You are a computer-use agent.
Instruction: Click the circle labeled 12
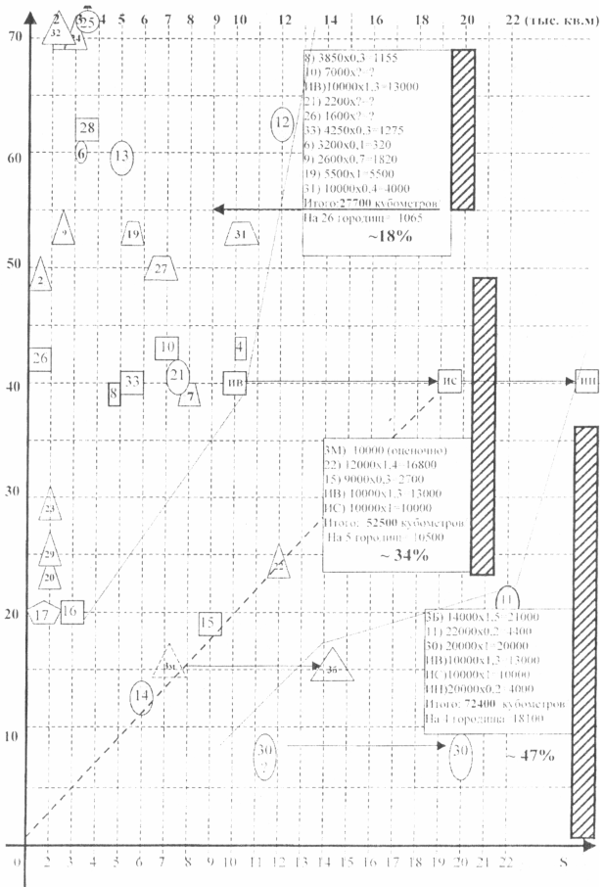pos(282,122)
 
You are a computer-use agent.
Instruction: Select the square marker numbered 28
pos(86,128)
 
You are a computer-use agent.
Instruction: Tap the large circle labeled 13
pos(121,156)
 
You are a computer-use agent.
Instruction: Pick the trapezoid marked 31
pos(242,235)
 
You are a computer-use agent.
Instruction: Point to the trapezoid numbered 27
pos(162,268)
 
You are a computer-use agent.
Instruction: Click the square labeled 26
pos(41,358)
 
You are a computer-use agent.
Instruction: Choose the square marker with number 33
pos(132,381)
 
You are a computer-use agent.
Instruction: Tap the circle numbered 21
pos(177,375)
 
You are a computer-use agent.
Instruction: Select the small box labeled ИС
pos(450,381)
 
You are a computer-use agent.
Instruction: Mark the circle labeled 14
pos(142,695)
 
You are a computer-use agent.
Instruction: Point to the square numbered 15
pos(209,623)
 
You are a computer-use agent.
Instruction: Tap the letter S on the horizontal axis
pos(562,862)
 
